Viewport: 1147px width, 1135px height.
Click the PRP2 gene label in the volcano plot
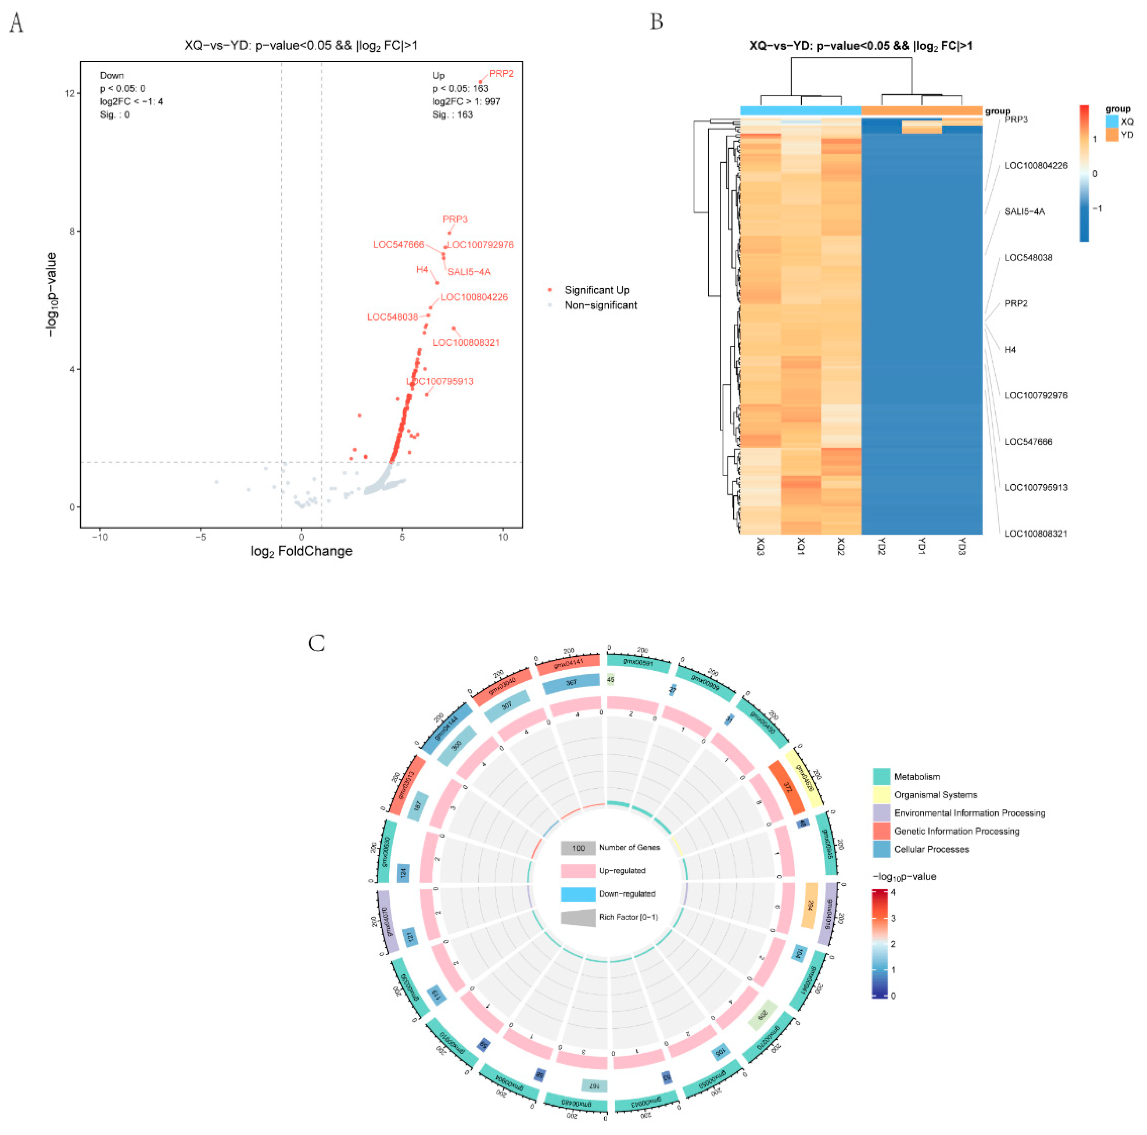[x=501, y=73]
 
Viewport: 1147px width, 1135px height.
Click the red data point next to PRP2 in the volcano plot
[x=480, y=82]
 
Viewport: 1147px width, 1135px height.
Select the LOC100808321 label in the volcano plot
[x=466, y=342]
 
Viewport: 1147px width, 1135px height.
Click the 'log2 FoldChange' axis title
[x=301, y=551]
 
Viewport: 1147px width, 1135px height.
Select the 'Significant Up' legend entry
[x=597, y=290]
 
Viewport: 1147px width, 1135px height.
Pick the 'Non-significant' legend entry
[x=600, y=305]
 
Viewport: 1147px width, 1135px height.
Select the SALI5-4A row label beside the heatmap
[x=1024, y=211]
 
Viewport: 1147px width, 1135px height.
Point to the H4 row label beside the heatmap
[x=1010, y=349]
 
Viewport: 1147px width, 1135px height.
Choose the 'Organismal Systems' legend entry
[x=935, y=795]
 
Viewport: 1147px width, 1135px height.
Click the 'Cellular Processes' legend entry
[x=931, y=849]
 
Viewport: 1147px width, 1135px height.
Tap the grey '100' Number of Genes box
[x=578, y=847]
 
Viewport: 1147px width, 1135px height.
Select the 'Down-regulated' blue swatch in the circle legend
[x=578, y=894]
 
